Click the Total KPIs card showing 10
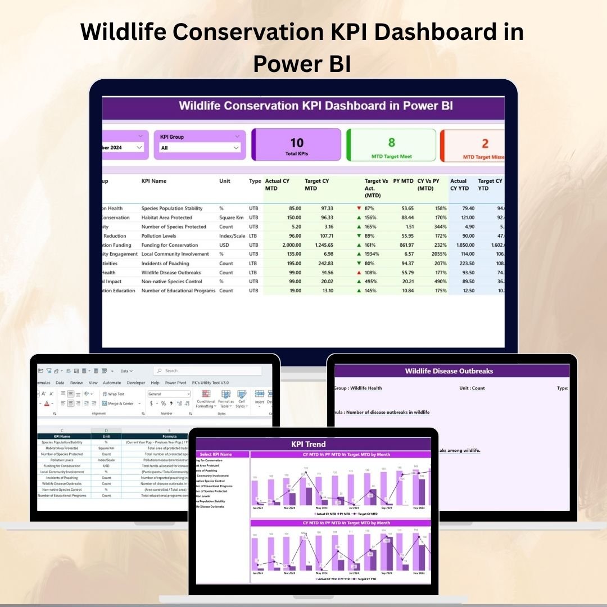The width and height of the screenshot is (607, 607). click(x=296, y=144)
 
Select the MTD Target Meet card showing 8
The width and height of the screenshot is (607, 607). click(x=391, y=145)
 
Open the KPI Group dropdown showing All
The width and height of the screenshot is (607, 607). click(x=200, y=148)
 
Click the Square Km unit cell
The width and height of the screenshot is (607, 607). click(x=230, y=218)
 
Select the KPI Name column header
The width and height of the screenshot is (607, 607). click(x=154, y=181)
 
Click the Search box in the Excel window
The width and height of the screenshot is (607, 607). click(x=208, y=371)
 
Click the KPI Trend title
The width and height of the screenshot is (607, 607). click(x=308, y=444)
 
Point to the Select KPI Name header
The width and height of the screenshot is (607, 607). click(x=216, y=454)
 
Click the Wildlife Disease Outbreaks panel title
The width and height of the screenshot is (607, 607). click(x=449, y=371)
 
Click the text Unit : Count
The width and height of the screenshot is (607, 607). click(x=472, y=388)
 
